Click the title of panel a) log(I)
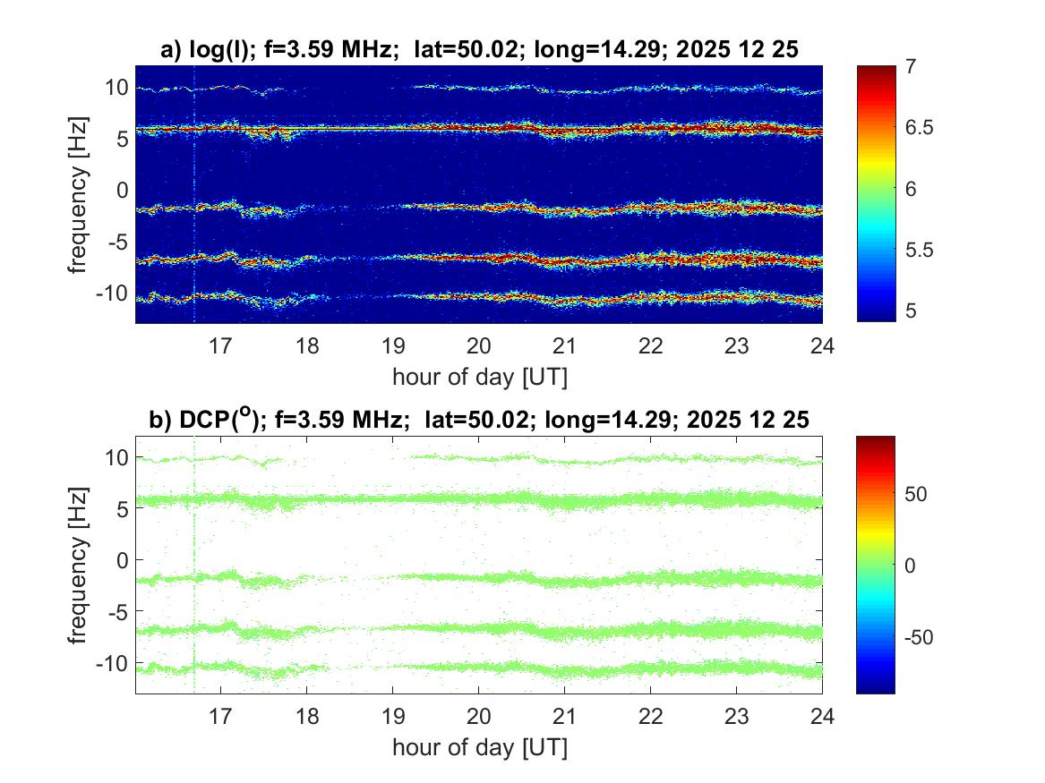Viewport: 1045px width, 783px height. (479, 51)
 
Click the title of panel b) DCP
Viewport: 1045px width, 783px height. (479, 420)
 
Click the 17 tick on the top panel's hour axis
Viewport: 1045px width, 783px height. (221, 345)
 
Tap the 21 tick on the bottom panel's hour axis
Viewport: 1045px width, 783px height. (564, 716)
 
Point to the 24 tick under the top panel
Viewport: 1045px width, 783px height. (822, 345)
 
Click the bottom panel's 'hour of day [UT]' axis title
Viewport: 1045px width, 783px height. (479, 747)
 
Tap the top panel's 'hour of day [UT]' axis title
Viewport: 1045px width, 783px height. (479, 377)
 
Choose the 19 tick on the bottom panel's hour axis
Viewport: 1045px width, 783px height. (393, 716)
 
